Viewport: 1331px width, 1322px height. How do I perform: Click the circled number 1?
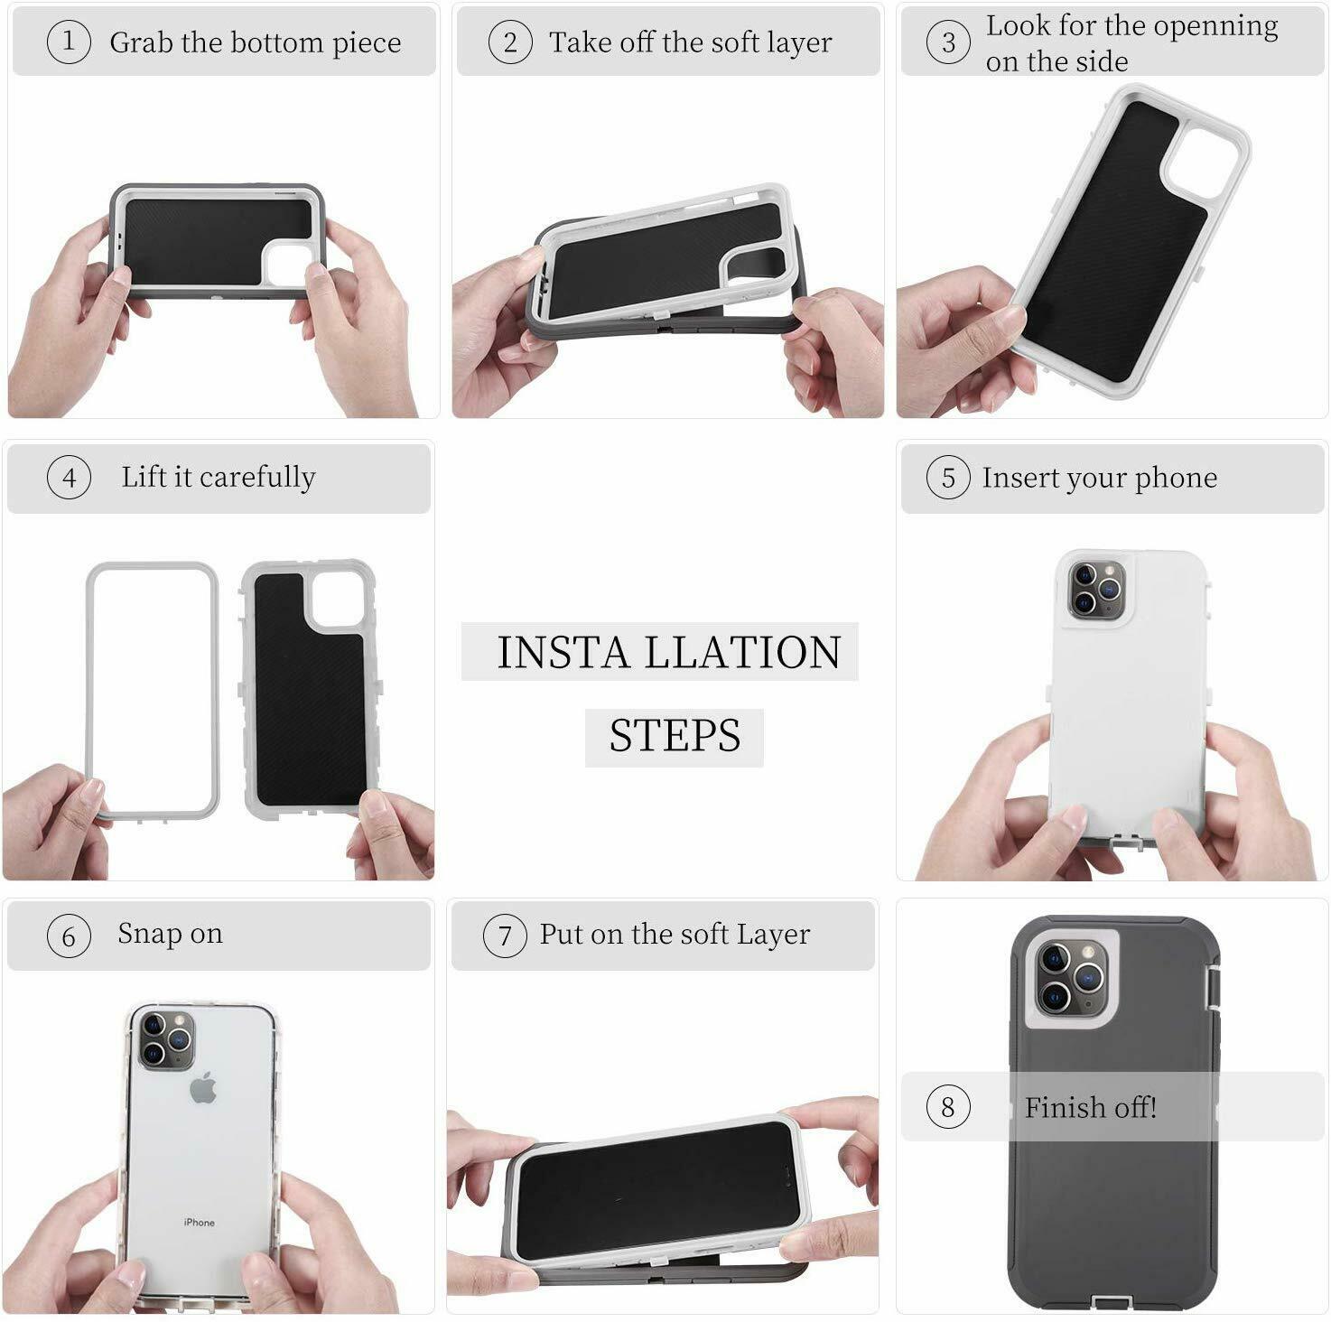tap(69, 42)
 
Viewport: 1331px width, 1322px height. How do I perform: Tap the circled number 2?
tap(510, 42)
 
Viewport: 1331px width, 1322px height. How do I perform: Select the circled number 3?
tap(947, 42)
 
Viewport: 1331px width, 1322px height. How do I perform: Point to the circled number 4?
tap(69, 478)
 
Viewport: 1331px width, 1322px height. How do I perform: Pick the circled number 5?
tap(947, 478)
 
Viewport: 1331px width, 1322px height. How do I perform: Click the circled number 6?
tap(69, 936)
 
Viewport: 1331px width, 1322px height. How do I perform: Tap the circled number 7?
tap(505, 936)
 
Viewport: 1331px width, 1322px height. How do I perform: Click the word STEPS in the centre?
tap(675, 735)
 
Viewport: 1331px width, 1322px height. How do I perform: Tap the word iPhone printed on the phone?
tap(199, 1223)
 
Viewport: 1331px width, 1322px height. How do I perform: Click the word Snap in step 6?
tap(149, 935)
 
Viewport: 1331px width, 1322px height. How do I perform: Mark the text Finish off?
tap(1090, 1107)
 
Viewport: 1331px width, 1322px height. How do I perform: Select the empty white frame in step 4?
tap(153, 691)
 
